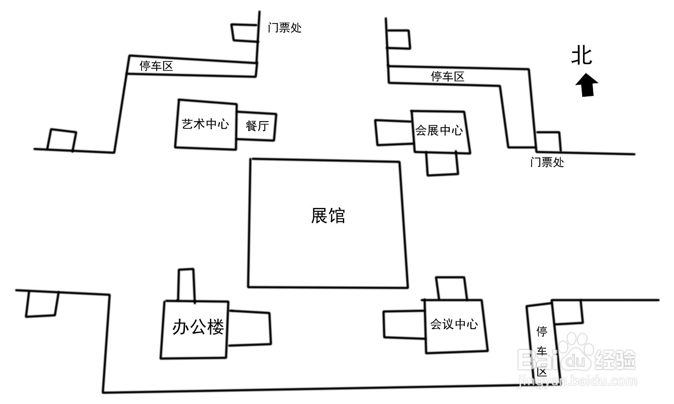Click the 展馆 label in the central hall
click(328, 216)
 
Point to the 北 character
click(582, 56)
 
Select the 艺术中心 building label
click(205, 124)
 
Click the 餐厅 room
click(257, 126)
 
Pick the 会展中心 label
click(439, 130)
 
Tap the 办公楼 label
click(198, 327)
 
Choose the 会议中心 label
click(454, 324)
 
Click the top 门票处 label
click(285, 28)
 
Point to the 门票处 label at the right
click(547, 162)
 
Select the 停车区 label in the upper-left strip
click(156, 66)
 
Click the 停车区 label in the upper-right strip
click(447, 76)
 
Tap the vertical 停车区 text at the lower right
click(542, 351)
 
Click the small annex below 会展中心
click(442, 163)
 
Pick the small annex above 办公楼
click(186, 285)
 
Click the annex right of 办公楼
click(249, 328)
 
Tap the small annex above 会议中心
click(451, 288)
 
